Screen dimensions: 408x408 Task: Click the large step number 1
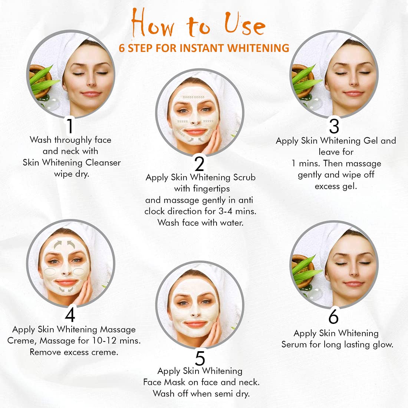click(70, 126)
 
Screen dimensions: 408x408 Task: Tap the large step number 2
click(200, 164)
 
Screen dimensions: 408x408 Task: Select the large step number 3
click(334, 126)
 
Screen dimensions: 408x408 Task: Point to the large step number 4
click(70, 315)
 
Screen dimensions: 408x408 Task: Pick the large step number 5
click(200, 358)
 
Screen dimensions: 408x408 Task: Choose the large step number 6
click(333, 316)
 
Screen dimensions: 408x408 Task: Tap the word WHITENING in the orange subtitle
click(258, 48)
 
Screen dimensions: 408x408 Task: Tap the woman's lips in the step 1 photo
click(91, 94)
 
